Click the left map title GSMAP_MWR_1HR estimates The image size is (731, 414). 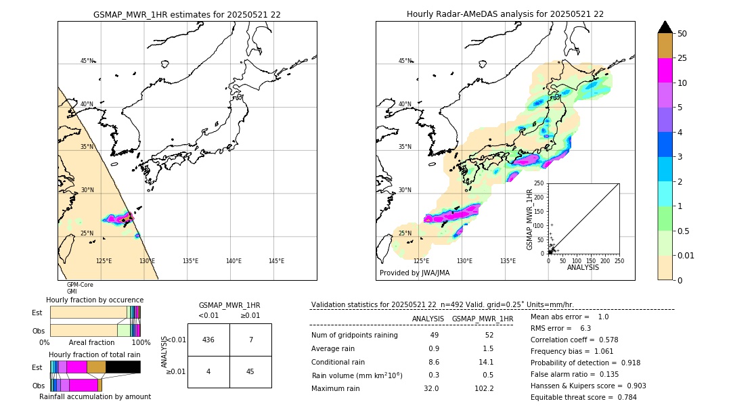[187, 14]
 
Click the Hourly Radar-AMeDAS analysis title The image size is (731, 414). [505, 14]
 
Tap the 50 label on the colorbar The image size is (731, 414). [682, 34]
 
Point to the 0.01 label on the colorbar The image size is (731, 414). [686, 255]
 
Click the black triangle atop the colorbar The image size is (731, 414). [665, 27]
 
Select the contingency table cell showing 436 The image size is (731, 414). [208, 340]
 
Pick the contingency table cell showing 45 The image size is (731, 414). [250, 371]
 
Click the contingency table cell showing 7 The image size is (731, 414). [250, 340]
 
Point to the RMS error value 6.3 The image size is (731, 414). [585, 328]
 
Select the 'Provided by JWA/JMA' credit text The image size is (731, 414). [414, 273]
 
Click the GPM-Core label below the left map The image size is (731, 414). [80, 285]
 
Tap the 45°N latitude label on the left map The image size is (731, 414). [87, 61]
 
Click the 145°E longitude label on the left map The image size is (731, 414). [276, 261]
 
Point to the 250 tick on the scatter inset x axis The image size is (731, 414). [619, 260]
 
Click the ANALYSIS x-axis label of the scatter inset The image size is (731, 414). [583, 267]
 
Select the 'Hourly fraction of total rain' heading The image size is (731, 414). [95, 354]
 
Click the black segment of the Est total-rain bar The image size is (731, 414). [123, 367]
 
